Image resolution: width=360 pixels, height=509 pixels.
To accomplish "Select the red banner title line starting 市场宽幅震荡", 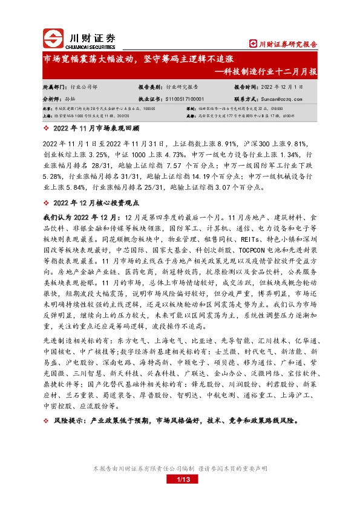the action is pos(140,59).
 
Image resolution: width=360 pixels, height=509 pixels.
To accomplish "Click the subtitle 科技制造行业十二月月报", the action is pos(266,71).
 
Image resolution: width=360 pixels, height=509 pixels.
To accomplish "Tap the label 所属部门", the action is pos(55,86).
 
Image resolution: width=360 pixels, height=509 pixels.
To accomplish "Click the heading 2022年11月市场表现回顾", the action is pos(97,128).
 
